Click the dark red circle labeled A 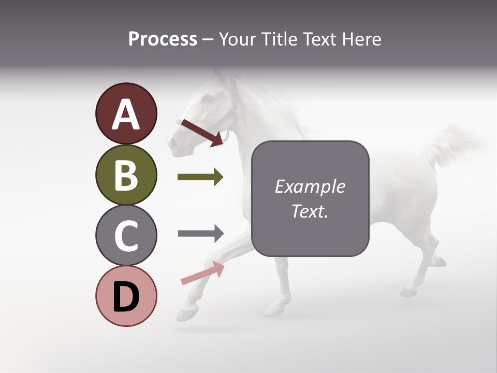(x=126, y=113)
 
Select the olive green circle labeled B (x=126, y=175)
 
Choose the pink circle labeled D (x=126, y=296)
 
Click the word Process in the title (x=163, y=39)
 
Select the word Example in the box (x=310, y=187)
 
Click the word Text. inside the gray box (x=310, y=211)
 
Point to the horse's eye (x=207, y=98)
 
